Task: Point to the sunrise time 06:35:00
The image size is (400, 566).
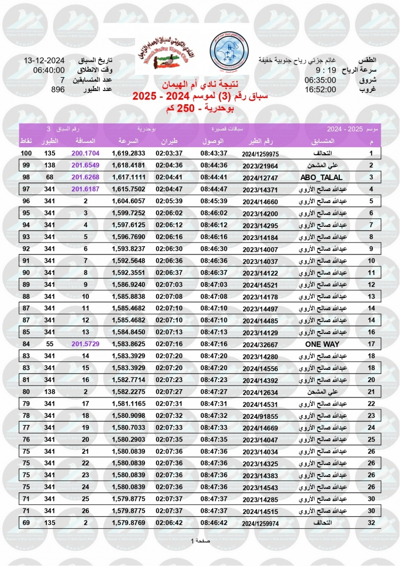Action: (320, 80)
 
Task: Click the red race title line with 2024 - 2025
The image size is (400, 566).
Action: (200, 97)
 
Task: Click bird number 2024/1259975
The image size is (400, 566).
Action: (261, 154)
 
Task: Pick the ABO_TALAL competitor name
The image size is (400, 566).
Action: (321, 177)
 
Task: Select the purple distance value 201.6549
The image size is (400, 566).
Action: (86, 166)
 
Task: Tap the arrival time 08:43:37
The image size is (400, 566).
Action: (214, 153)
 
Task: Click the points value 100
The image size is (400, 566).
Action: (26, 153)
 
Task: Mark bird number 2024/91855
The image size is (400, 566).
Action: (261, 416)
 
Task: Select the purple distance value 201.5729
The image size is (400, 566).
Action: (86, 344)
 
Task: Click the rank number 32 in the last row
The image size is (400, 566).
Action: (371, 523)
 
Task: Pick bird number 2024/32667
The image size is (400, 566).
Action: (261, 345)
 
